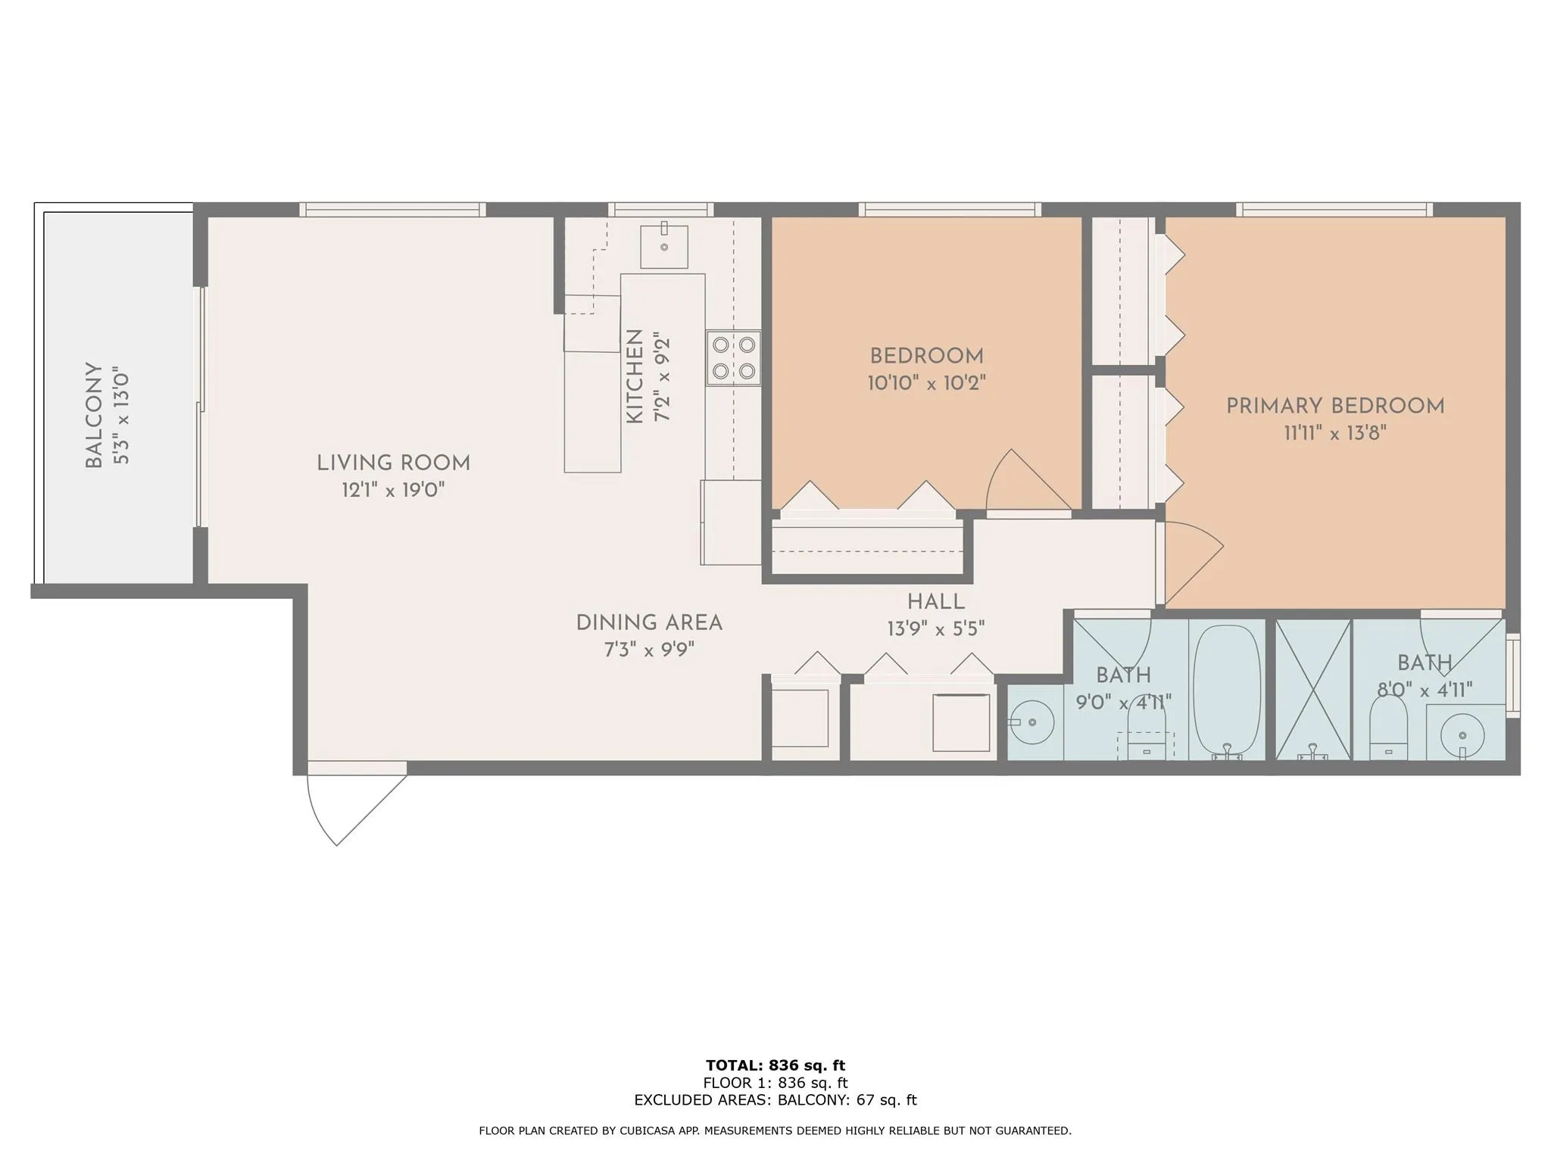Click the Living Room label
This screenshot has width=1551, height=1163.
(x=393, y=463)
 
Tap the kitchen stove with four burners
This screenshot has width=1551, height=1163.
(x=734, y=358)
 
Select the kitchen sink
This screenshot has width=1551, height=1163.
(x=664, y=246)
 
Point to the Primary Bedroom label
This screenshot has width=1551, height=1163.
(x=1335, y=407)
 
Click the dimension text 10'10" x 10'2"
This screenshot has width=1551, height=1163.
(x=926, y=383)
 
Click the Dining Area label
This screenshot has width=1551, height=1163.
(x=649, y=623)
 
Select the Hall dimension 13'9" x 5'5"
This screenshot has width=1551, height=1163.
(x=936, y=629)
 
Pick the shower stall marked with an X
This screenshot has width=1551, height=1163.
(x=1313, y=689)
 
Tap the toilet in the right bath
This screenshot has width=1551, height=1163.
(x=1389, y=728)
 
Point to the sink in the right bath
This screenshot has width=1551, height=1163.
(x=1462, y=735)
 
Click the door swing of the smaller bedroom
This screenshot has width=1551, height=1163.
(x=1028, y=480)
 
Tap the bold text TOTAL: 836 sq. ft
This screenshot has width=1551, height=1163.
(x=775, y=1066)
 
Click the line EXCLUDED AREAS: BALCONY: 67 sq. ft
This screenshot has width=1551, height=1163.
(x=775, y=1100)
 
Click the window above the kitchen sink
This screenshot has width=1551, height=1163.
(x=661, y=210)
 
